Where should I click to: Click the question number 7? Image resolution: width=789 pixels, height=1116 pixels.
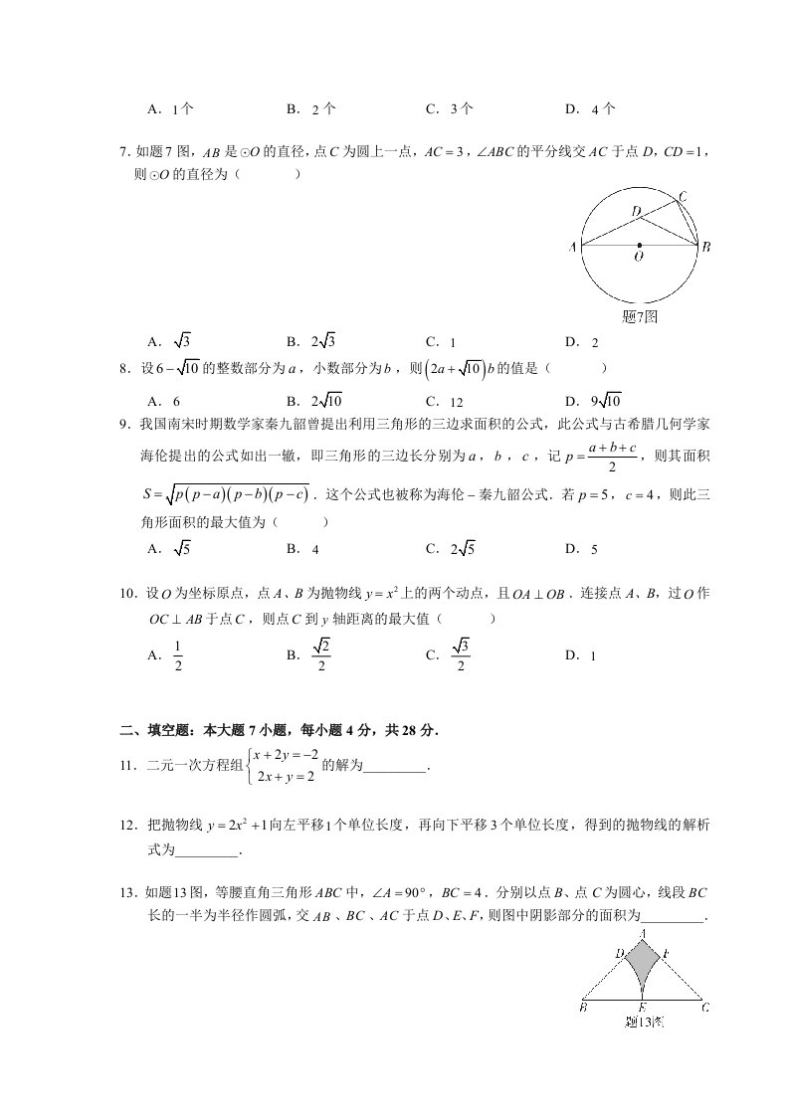pos(122,152)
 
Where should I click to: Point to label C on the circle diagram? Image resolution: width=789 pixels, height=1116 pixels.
pos(682,195)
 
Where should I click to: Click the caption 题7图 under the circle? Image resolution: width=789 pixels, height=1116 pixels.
pos(639,316)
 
